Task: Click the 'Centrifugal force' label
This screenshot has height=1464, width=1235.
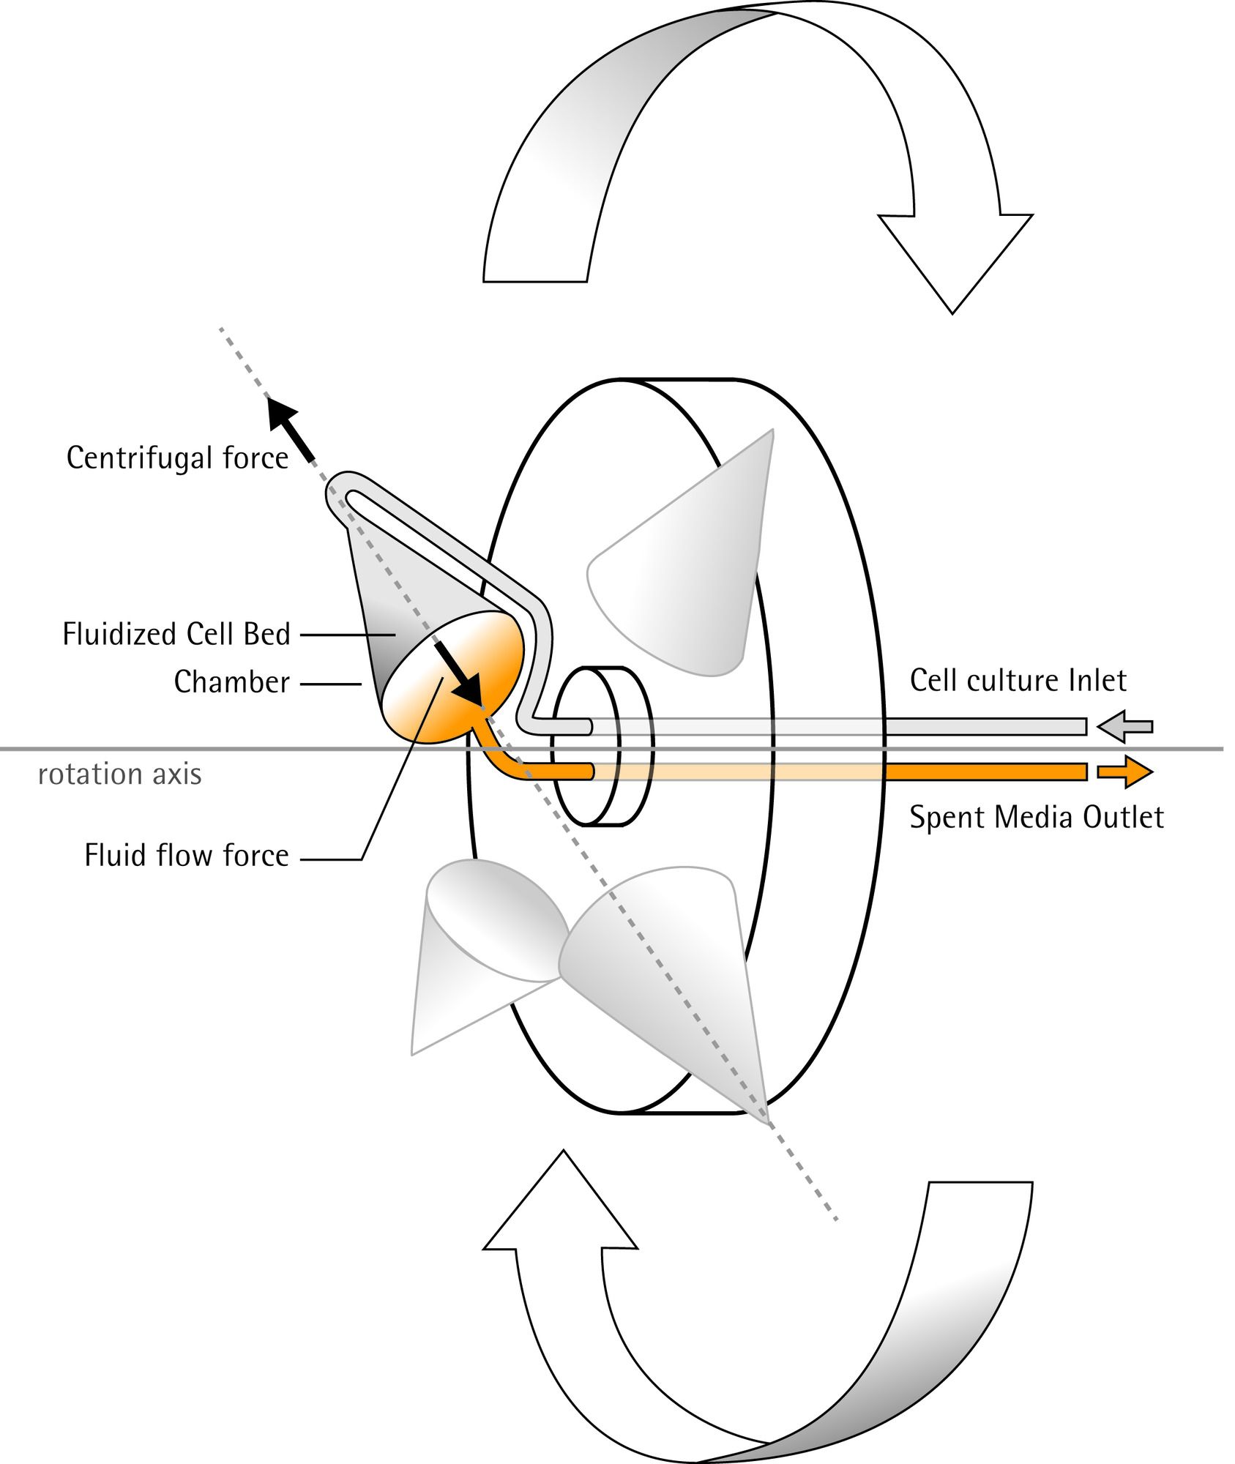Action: coord(177,458)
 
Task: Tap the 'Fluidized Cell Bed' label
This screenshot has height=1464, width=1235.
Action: coord(176,635)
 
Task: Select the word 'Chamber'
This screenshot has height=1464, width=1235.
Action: coord(231,682)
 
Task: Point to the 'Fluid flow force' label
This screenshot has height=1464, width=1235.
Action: coord(187,856)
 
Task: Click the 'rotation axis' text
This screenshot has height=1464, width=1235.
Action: coord(119,774)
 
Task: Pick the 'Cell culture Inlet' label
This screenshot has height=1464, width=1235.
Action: coord(1018,681)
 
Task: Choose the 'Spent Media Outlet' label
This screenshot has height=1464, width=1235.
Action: coord(1036,818)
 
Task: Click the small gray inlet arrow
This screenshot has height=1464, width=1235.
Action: coord(1125,727)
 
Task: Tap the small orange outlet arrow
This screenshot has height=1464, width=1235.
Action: coord(1125,772)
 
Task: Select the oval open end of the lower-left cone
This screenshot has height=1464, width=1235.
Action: coord(496,920)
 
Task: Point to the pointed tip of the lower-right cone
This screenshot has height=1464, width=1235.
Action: coord(766,1121)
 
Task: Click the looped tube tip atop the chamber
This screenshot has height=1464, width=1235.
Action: coord(344,492)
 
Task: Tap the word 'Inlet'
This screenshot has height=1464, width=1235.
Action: coord(1097,681)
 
